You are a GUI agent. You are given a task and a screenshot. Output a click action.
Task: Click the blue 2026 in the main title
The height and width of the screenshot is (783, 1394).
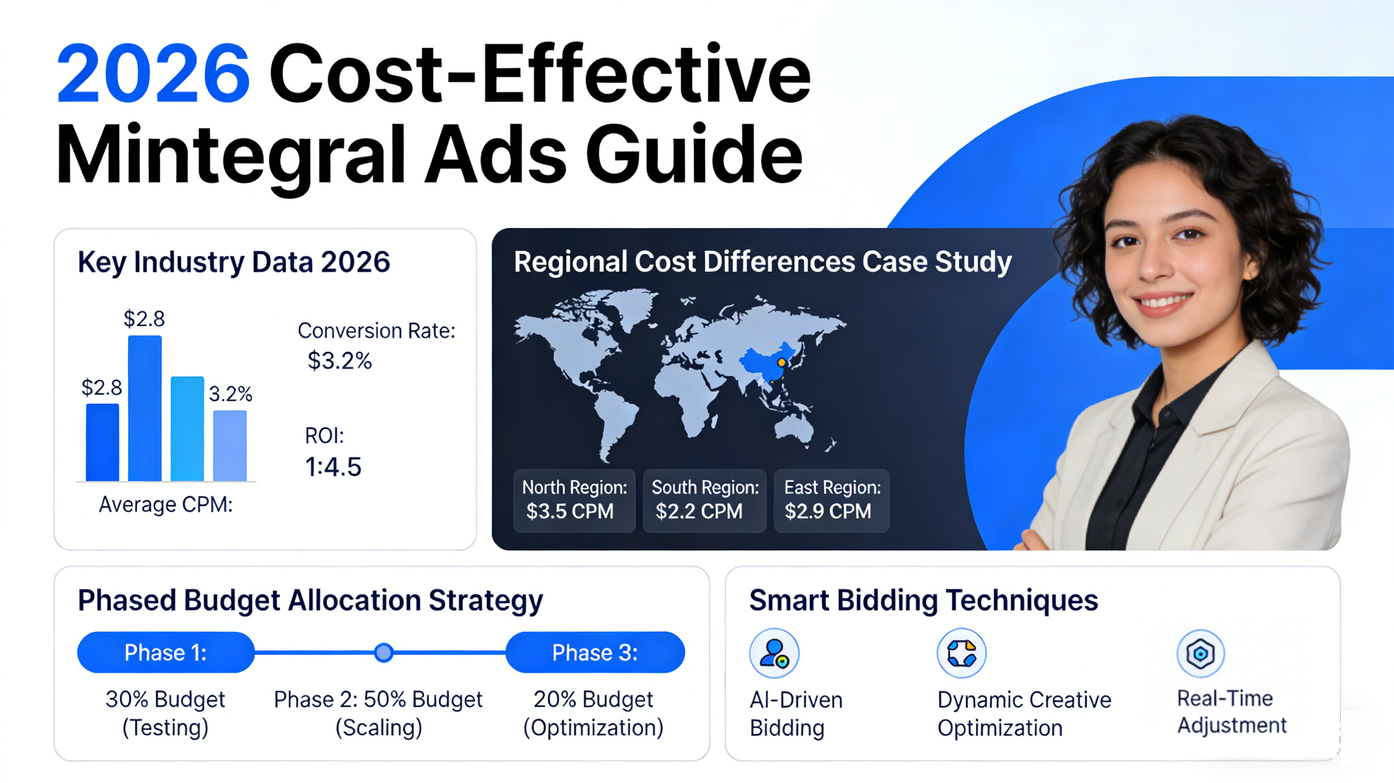153,73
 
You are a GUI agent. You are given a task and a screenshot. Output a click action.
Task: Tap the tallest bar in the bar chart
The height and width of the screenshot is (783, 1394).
145,408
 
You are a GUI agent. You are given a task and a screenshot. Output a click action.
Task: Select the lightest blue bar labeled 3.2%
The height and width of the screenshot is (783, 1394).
229,446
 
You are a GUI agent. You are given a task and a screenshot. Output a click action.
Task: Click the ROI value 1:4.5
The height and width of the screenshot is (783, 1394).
333,467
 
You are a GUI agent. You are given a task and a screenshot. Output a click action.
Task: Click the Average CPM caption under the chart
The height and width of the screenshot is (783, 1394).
165,504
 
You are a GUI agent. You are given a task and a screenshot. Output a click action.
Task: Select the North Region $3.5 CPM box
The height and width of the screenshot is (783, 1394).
574,501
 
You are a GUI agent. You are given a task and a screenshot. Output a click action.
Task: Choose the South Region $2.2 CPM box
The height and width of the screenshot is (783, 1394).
705,501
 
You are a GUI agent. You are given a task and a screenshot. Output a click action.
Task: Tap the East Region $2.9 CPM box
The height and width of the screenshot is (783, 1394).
832,501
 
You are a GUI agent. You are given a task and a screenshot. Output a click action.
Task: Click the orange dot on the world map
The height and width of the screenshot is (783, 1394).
781,362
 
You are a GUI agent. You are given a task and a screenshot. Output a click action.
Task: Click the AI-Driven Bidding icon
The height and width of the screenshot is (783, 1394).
774,653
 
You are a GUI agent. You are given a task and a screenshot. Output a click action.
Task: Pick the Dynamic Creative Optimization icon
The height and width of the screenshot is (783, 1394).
962,653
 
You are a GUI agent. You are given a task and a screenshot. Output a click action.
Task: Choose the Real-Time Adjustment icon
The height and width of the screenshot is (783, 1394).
1200,653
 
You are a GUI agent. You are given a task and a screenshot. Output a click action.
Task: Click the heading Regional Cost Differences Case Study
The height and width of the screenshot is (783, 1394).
762,262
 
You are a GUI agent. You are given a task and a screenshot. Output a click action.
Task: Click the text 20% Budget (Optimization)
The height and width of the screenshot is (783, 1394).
593,714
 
